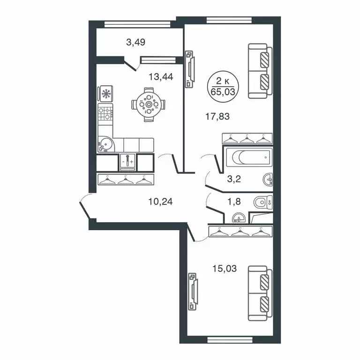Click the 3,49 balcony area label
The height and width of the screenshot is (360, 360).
point(135,42)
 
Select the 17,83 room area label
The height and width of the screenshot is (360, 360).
point(218,117)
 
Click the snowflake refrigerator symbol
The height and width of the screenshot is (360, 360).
point(106,94)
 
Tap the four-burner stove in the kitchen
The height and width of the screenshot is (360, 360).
point(106,112)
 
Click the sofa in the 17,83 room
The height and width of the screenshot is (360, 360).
point(260,71)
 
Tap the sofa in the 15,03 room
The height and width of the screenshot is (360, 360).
point(260,293)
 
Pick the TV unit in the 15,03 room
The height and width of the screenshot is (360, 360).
point(192,292)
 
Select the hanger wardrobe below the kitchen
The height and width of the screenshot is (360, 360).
point(125,179)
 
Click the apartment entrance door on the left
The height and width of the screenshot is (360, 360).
point(85,206)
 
